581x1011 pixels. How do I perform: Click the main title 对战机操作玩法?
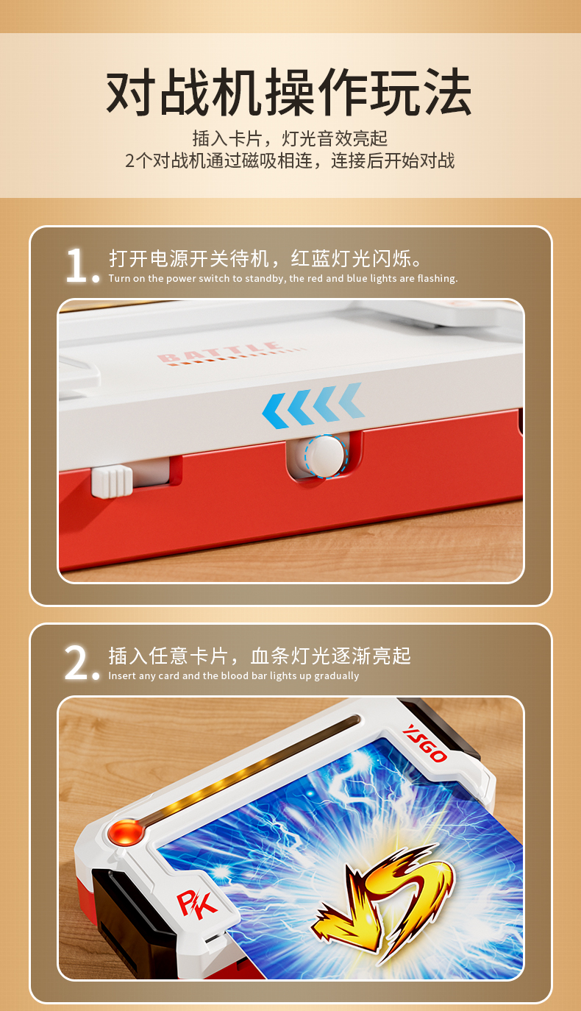tap(289, 92)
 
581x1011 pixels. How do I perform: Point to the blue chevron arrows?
tap(313, 405)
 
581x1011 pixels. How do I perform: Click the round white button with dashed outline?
tap(326, 456)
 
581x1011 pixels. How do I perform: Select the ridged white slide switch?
tap(112, 481)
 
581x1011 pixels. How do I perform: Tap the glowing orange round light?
tap(126, 831)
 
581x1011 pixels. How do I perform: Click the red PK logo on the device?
tap(197, 902)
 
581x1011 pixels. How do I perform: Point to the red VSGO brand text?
tap(424, 743)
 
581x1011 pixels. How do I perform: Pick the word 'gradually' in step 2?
tap(337, 676)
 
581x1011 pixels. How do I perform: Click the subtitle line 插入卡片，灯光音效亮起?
tap(290, 138)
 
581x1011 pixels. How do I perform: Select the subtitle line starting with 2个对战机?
tap(290, 160)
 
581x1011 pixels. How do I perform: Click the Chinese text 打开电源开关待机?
tap(189, 258)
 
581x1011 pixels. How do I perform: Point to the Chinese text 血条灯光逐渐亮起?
tap(331, 656)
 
